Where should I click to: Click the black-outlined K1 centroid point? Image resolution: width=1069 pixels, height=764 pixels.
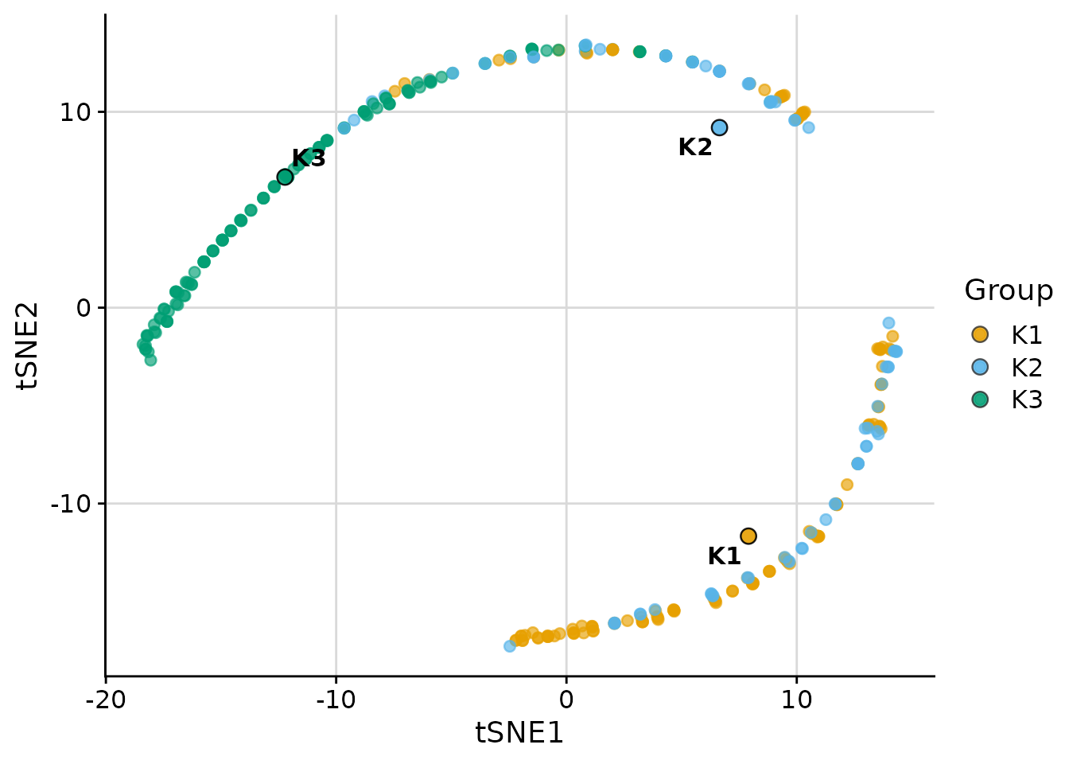point(748,536)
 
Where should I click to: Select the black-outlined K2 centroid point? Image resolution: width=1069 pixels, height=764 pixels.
point(719,127)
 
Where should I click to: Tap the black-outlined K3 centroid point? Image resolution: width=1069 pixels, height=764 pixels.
point(285,177)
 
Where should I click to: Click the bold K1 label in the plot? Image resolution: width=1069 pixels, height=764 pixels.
point(724,556)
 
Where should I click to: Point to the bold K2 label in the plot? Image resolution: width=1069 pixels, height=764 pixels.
point(695,147)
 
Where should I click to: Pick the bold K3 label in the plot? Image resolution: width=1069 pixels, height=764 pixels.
point(309,159)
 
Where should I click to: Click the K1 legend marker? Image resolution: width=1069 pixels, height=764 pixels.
point(980,334)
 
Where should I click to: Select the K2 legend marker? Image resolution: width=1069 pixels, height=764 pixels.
point(980,367)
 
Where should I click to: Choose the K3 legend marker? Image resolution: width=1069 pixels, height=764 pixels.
point(980,400)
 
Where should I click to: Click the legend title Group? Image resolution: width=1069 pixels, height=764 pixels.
point(1009,290)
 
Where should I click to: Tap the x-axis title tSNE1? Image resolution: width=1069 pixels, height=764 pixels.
point(519,733)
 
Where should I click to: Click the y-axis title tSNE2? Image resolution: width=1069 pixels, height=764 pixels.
point(30,345)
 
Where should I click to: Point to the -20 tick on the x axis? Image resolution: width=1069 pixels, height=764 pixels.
point(105,700)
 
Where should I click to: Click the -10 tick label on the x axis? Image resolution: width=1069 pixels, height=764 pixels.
point(336,700)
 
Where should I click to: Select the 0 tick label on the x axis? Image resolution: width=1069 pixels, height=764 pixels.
point(566,700)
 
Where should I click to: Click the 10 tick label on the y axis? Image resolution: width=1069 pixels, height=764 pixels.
point(76,111)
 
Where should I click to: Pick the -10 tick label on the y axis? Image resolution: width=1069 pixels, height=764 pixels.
point(71,504)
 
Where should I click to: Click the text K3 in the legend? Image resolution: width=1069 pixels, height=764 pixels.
point(1027,400)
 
